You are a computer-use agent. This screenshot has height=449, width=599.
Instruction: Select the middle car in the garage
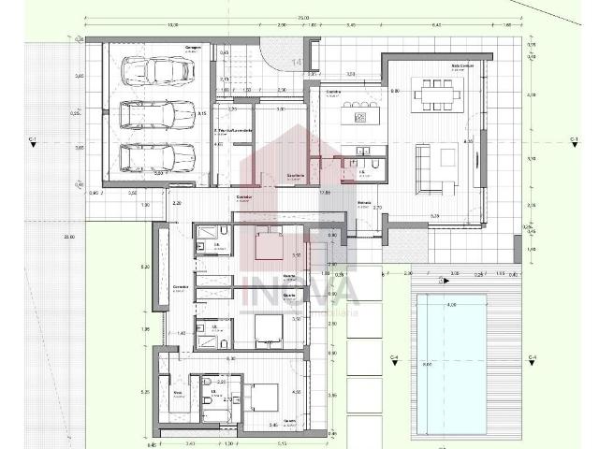point(157,115)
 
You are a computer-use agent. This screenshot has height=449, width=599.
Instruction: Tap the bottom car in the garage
point(157,156)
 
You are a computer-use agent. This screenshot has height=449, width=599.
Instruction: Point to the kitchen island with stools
point(359,115)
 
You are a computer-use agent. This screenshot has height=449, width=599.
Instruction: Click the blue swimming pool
point(450,362)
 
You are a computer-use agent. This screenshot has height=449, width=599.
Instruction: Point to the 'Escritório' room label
point(295,176)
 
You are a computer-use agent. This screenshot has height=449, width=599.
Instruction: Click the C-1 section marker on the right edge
point(574,139)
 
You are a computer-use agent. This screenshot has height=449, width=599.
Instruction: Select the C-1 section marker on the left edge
point(33,139)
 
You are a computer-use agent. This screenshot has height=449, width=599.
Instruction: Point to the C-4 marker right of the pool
point(532,358)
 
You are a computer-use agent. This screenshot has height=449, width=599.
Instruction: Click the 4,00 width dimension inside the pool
point(451,305)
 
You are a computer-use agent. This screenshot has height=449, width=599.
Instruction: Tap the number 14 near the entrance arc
point(296,62)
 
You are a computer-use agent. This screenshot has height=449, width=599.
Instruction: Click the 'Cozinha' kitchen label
point(332,93)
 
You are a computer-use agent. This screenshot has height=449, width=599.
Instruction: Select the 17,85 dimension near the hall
point(326,192)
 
